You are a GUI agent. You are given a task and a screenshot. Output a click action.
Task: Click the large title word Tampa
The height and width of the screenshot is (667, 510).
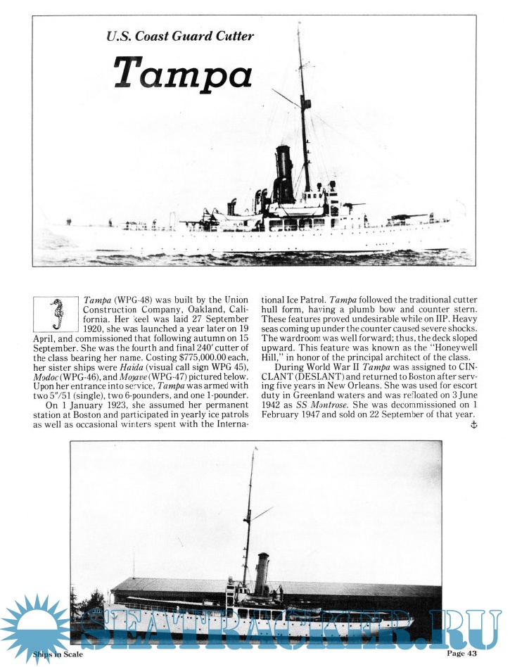(183, 70)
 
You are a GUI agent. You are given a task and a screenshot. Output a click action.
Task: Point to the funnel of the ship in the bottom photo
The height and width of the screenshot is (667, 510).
(262, 573)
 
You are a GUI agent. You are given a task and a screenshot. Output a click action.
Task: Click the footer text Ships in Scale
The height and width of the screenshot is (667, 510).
(58, 655)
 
